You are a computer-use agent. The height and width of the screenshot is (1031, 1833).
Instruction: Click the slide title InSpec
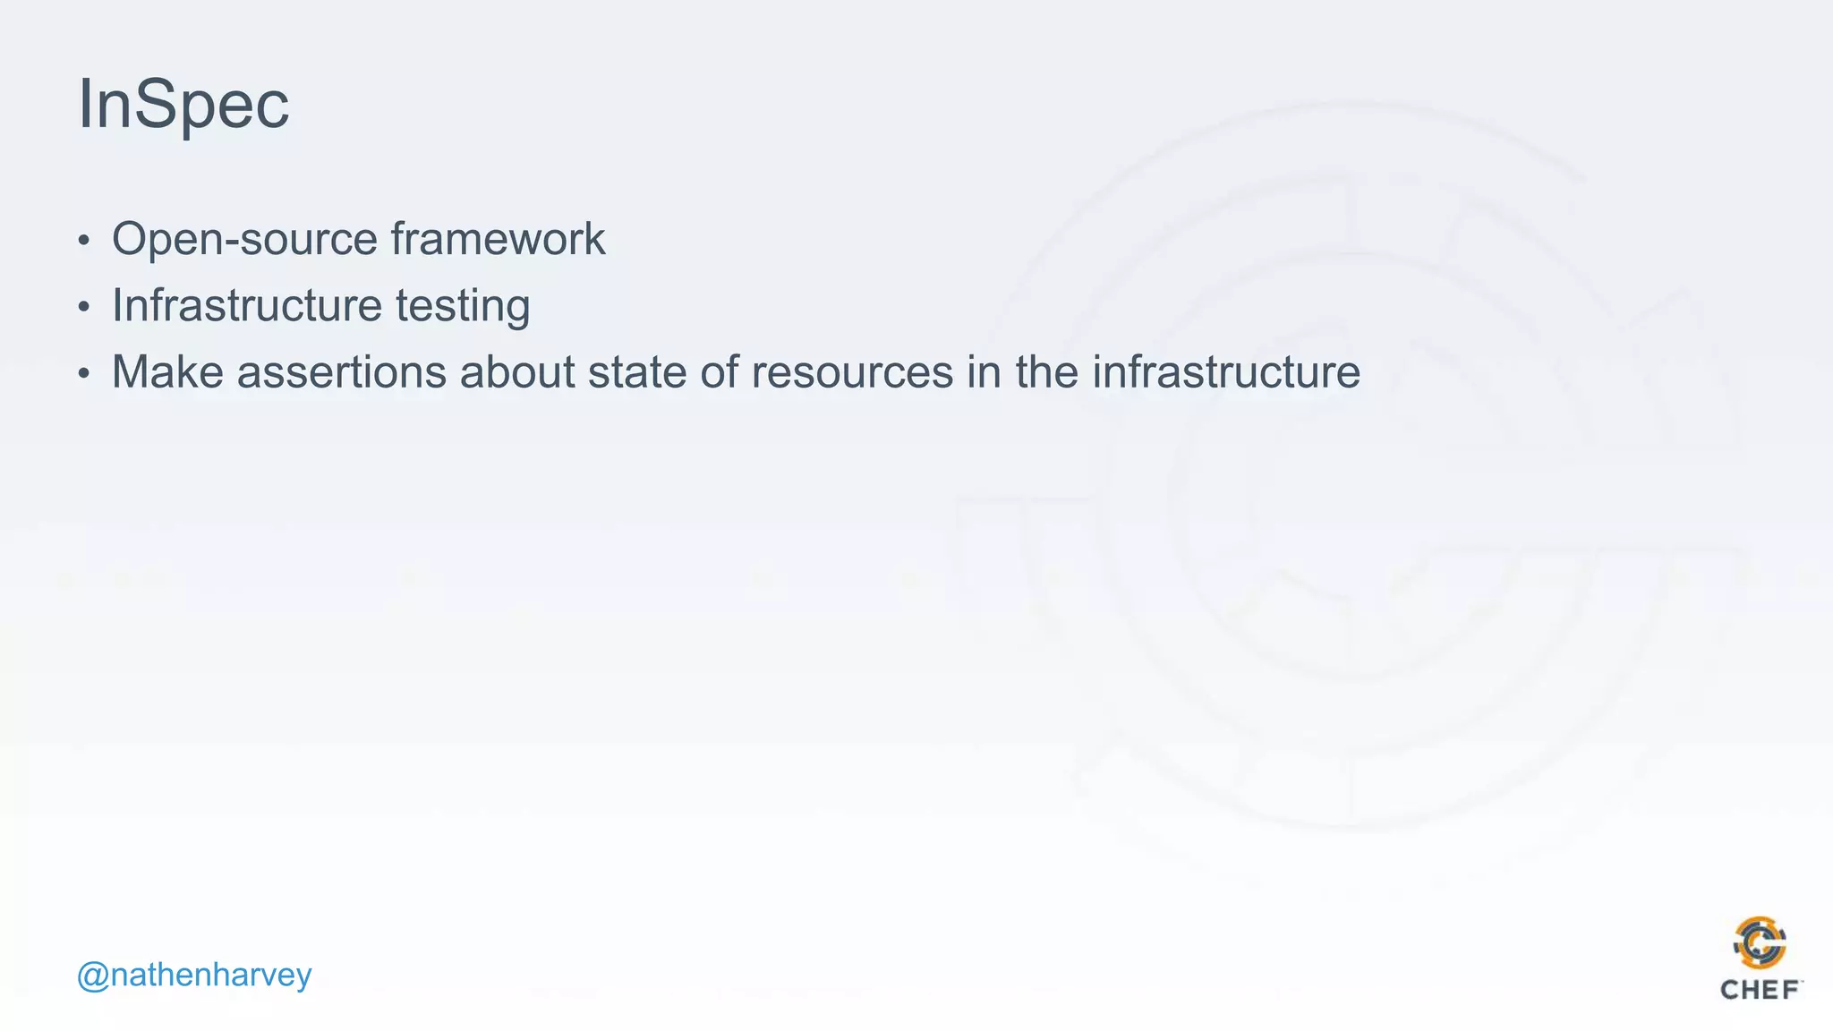coord(183,105)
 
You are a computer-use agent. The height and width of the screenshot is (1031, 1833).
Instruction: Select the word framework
coord(498,240)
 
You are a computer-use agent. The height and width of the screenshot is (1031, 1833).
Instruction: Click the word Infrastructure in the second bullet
coord(247,305)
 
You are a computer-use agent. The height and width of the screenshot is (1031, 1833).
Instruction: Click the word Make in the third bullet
coord(167,371)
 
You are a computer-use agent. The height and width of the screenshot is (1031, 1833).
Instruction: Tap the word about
coord(516,371)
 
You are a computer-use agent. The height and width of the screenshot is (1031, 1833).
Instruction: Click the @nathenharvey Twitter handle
coord(194,975)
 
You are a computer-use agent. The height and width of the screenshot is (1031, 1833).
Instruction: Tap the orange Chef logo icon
coord(1760,943)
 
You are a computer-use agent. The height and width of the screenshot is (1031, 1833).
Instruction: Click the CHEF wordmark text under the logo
coord(1760,990)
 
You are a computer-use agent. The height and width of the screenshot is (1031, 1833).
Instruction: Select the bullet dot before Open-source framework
coord(84,241)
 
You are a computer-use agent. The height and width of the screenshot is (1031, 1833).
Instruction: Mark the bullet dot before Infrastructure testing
coord(84,307)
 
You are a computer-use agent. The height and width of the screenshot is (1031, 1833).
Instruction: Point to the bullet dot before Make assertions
coord(84,373)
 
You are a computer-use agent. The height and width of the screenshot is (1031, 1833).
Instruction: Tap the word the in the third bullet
coord(1046,371)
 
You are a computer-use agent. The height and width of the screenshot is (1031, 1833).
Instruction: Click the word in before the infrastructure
coord(983,371)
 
